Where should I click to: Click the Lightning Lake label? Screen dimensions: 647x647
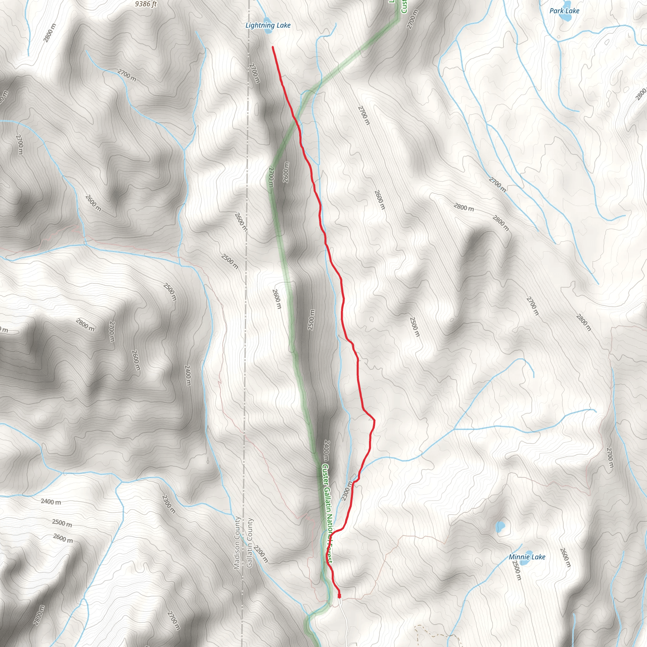pos(268,26)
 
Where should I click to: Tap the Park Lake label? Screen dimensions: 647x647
pos(564,11)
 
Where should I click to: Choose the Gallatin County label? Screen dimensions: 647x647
pos(249,542)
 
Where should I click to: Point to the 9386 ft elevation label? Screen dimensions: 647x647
pos(146,4)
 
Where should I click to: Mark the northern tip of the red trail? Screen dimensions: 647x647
pos(273,47)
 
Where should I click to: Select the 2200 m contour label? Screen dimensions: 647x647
pos(261,554)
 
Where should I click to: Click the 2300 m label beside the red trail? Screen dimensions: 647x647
pos(347,491)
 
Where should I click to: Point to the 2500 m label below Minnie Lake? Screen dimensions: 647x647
pos(517,570)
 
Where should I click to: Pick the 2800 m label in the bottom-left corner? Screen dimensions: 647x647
pos(39,615)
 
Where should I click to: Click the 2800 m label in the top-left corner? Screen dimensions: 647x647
pos(49,33)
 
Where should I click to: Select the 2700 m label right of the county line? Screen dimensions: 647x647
pos(255,73)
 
